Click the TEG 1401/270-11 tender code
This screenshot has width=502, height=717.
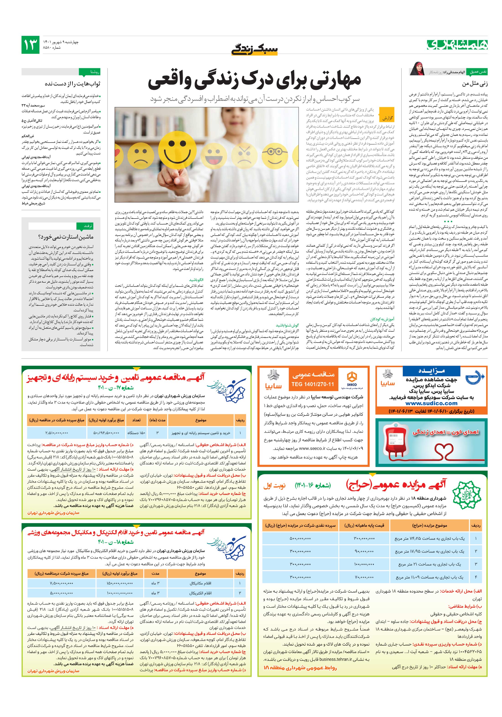(x=312, y=384)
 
